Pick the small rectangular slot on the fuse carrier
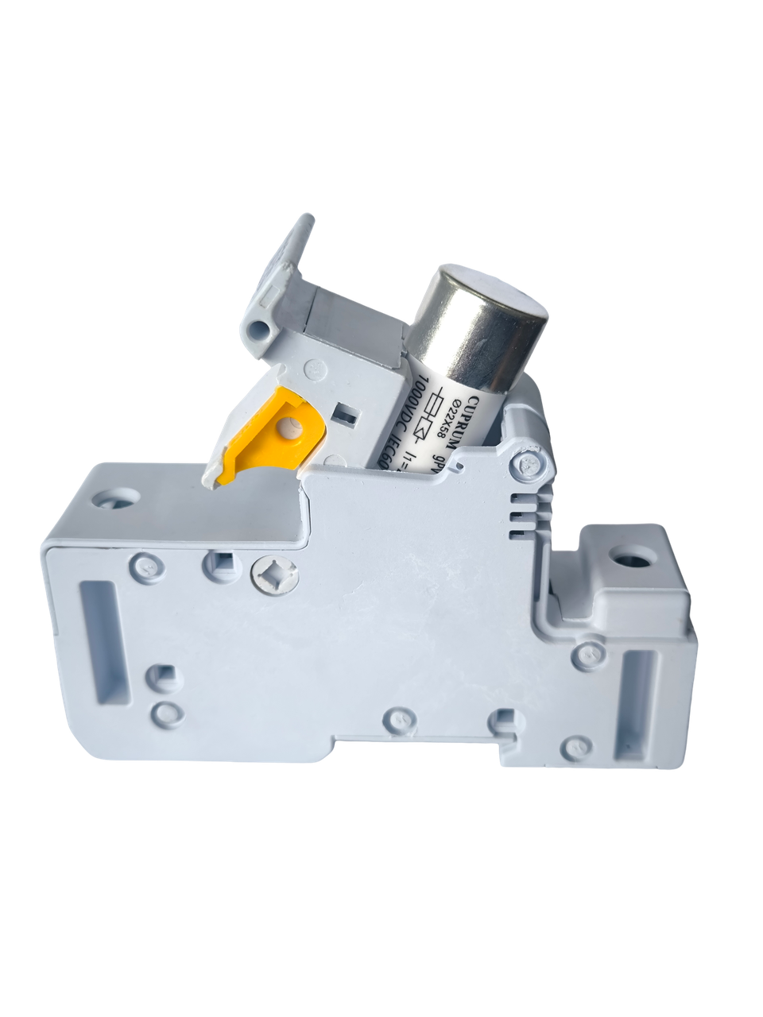(x=345, y=413)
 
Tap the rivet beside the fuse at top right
(x=525, y=465)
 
